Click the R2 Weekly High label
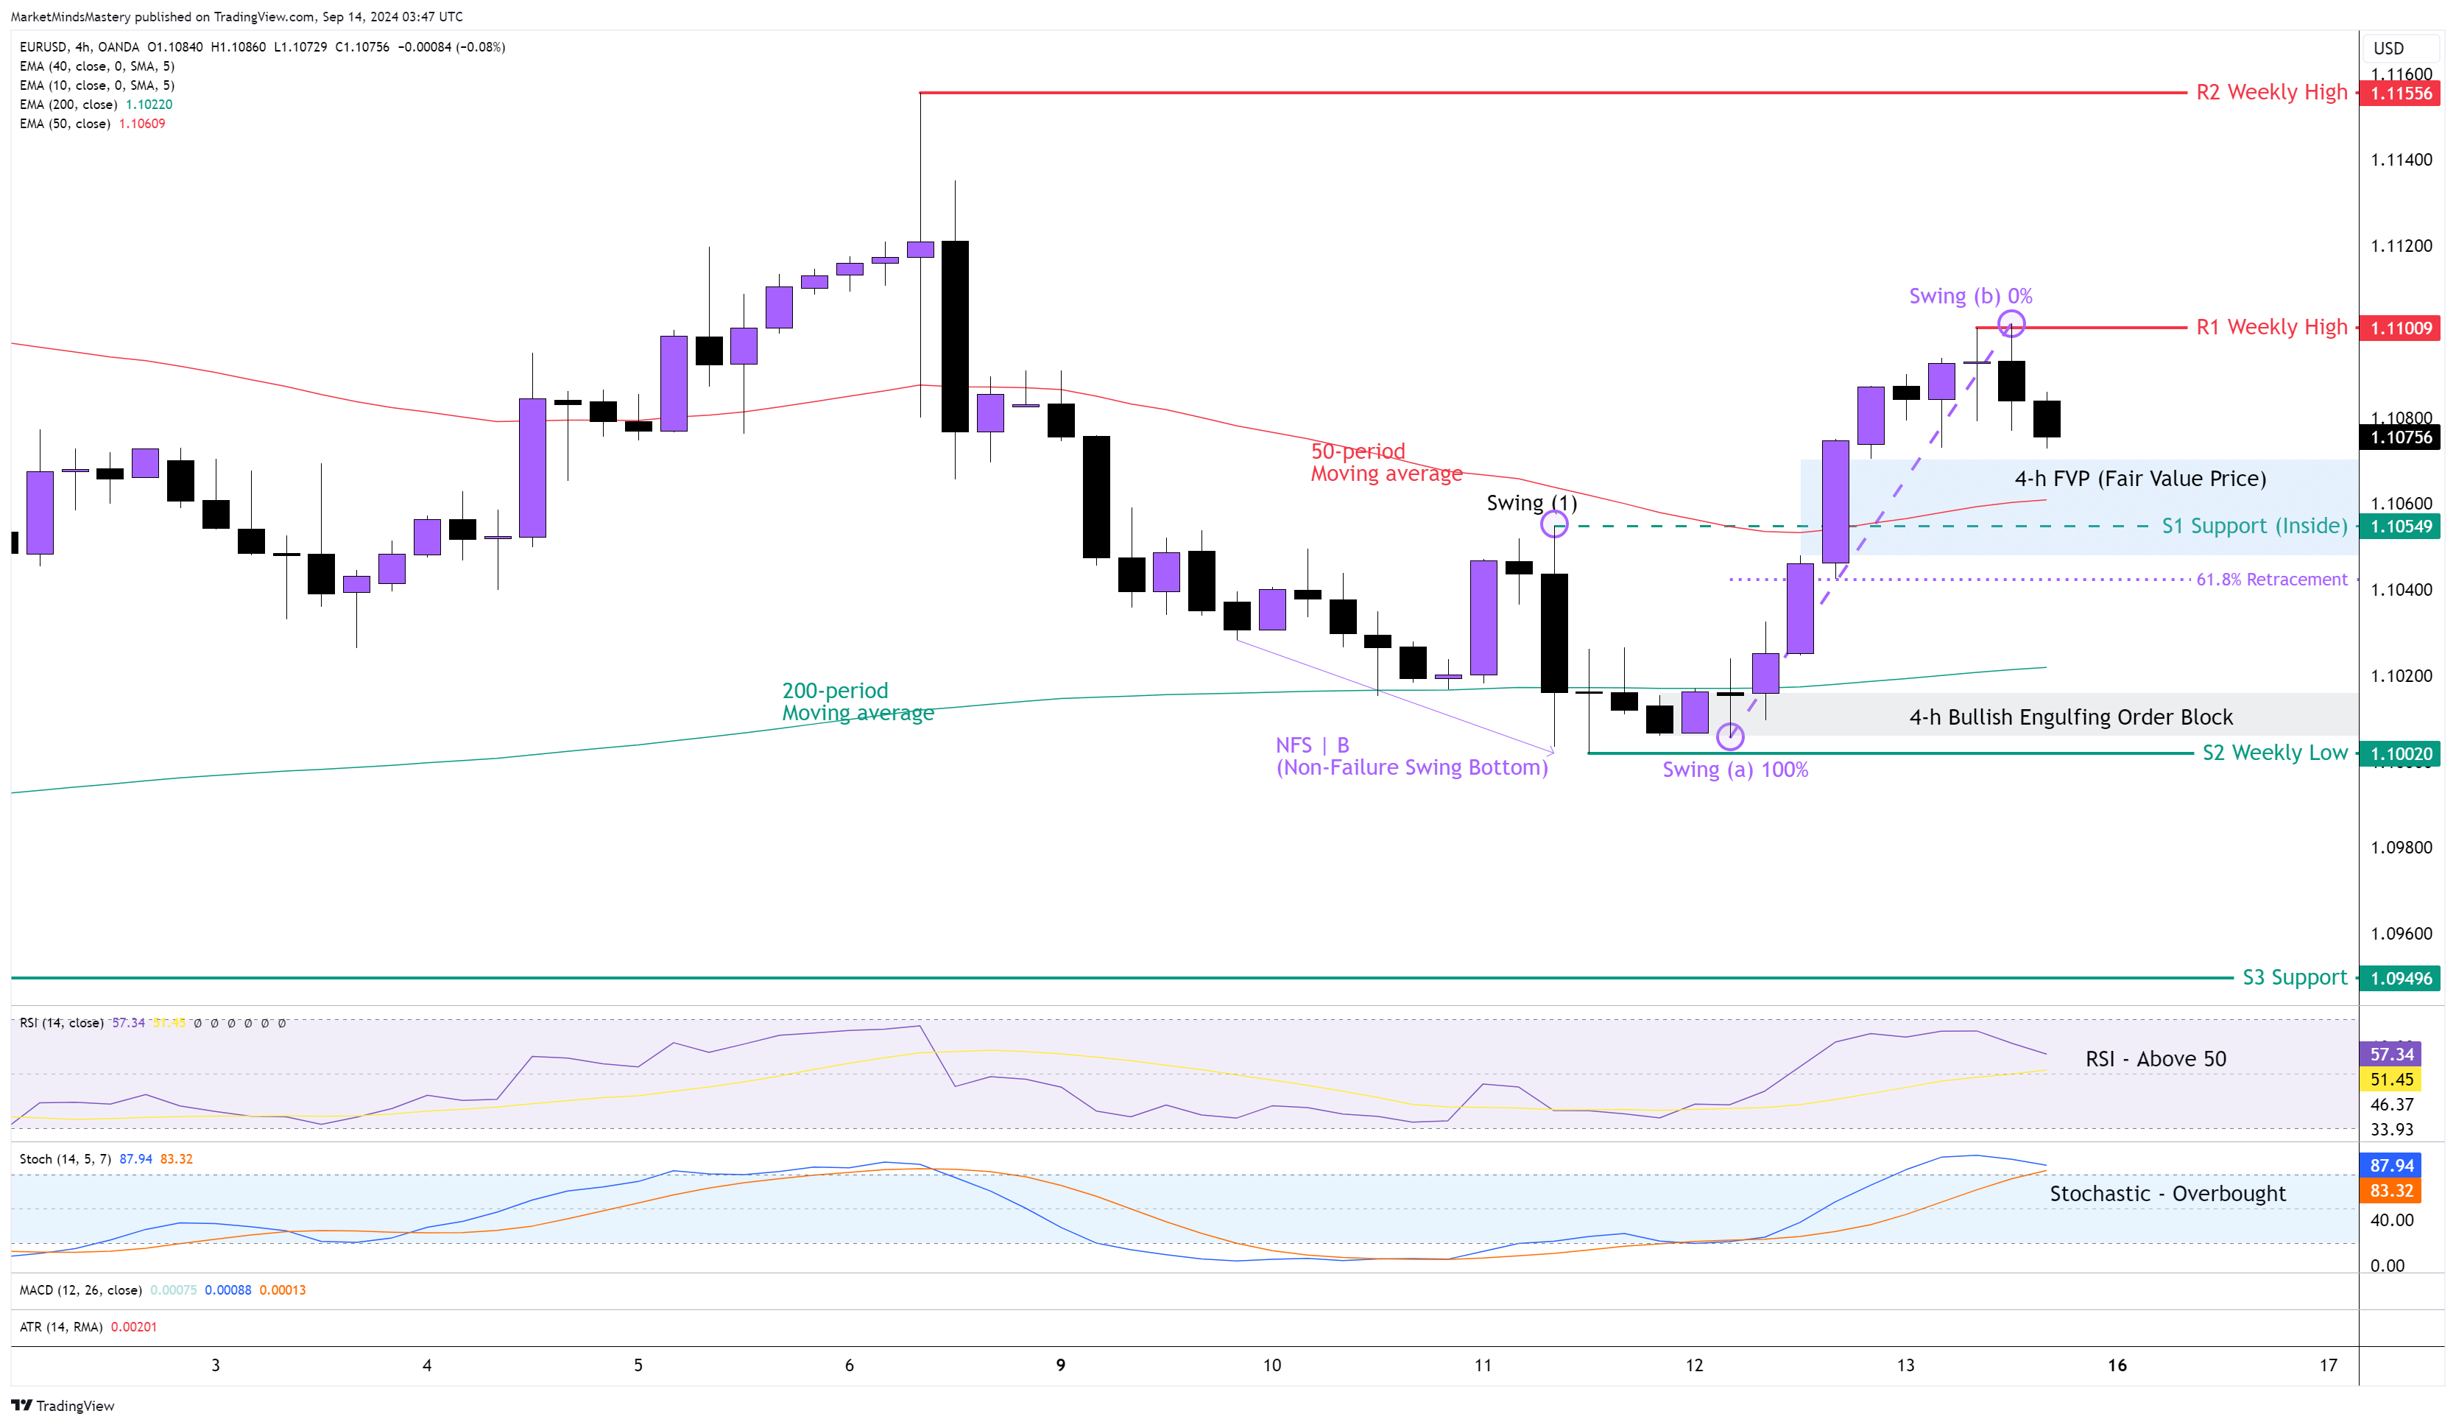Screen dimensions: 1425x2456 [2270, 93]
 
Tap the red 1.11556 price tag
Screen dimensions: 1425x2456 [2401, 94]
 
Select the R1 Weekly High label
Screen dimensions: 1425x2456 [2270, 328]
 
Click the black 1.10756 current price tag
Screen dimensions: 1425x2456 [2401, 437]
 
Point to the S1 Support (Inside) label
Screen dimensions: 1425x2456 [2254, 527]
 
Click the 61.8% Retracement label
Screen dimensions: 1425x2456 [2270, 580]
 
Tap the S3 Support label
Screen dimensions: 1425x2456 [2294, 978]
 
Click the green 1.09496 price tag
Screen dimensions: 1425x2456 [2401, 979]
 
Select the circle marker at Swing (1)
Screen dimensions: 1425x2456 [1553, 525]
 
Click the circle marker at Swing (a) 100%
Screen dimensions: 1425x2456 [1730, 737]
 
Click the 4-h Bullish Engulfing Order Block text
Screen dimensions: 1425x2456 [2070, 717]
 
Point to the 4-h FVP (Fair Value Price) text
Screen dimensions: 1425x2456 [2139, 479]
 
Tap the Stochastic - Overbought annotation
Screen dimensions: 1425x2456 [2167, 1194]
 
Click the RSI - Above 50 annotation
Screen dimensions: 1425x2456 [2155, 1060]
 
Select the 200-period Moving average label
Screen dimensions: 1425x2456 [857, 702]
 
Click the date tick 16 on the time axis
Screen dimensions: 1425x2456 [2117, 1365]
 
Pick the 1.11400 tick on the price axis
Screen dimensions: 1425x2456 [2401, 160]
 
